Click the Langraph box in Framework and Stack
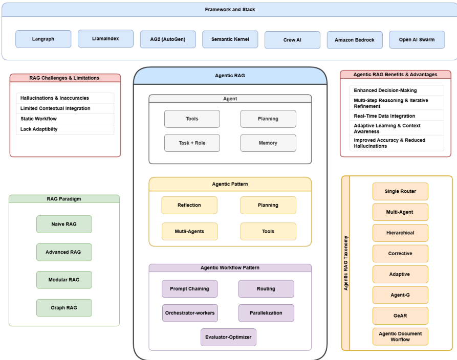pyautogui.click(x=43, y=39)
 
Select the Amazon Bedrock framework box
pyautogui.click(x=355, y=40)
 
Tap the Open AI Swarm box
pyautogui.click(x=417, y=39)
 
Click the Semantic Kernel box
pyautogui.click(x=230, y=39)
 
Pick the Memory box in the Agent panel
pyautogui.click(x=268, y=143)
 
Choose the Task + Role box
pyautogui.click(x=192, y=143)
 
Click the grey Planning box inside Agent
pyautogui.click(x=268, y=119)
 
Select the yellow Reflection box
pyautogui.click(x=189, y=206)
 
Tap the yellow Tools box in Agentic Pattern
pyautogui.click(x=268, y=232)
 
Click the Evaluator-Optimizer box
pyautogui.click(x=228, y=337)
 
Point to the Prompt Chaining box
pyautogui.click(x=189, y=289)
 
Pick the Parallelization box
pyautogui.click(x=266, y=313)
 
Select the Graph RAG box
pyautogui.click(x=64, y=308)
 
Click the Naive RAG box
pyautogui.click(x=64, y=224)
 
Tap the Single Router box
pyautogui.click(x=400, y=191)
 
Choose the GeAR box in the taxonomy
pyautogui.click(x=400, y=316)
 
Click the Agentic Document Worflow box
pyautogui.click(x=400, y=336)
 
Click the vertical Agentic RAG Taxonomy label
pyautogui.click(x=345, y=263)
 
